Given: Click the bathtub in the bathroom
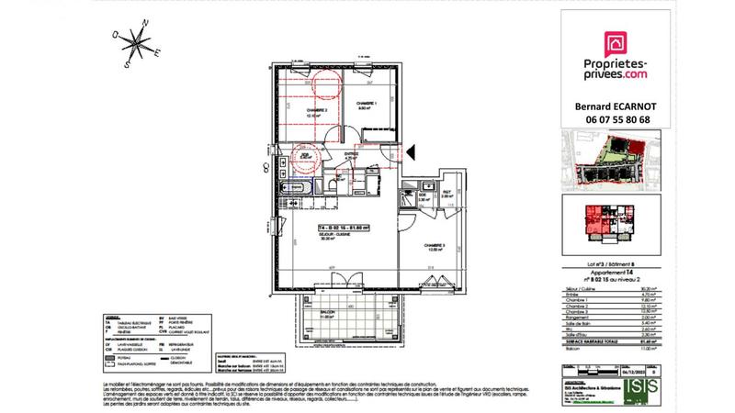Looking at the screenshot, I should coord(291,188).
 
